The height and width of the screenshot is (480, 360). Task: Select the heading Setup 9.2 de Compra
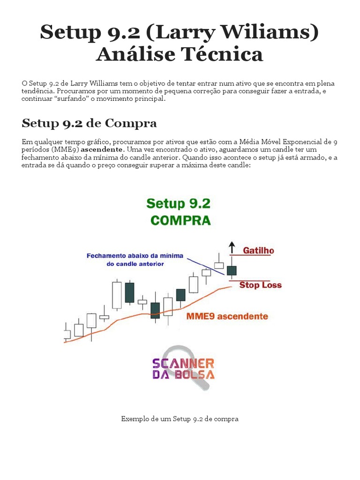[x=89, y=123]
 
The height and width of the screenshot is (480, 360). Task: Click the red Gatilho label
[x=258, y=251]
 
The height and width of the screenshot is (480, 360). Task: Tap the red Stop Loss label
[x=260, y=285]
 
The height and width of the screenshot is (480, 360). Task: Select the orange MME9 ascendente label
[x=227, y=316]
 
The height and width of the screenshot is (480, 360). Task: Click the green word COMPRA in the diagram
[x=180, y=220]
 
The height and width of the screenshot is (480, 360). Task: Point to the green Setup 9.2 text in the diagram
[x=179, y=203]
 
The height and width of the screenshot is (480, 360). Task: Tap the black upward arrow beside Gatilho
[x=231, y=247]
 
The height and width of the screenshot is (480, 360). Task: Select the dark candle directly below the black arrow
[x=232, y=270]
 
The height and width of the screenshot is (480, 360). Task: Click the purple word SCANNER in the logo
[x=183, y=363]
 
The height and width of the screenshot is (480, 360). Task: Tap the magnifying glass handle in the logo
[x=205, y=384]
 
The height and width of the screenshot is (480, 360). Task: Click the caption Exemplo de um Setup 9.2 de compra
[x=180, y=419]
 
